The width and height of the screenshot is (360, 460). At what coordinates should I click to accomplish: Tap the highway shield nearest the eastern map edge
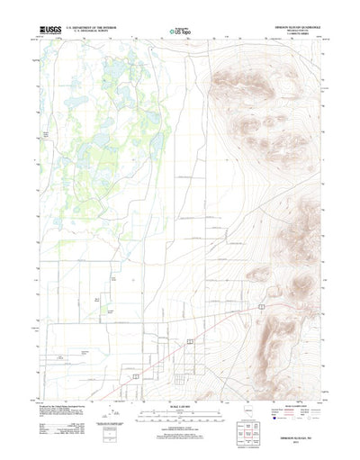(x=260, y=307)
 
